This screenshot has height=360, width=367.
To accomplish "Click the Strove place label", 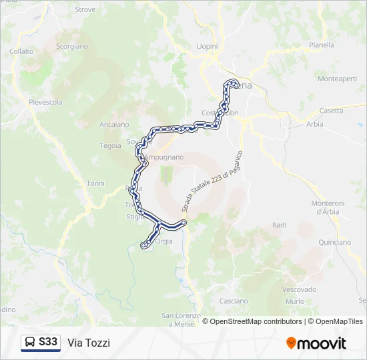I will point(85,9).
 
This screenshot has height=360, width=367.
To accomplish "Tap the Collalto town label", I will point(21,51).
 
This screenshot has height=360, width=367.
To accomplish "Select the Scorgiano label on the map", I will point(72,46).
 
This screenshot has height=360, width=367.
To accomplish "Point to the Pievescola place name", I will point(45,102).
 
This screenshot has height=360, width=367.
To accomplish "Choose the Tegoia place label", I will point(110,145).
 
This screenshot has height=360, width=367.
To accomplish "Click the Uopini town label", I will point(208,45).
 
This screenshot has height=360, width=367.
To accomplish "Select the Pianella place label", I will point(322,45).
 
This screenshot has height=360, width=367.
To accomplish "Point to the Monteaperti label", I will point(338,79).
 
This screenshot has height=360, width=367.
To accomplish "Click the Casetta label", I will point(331,110).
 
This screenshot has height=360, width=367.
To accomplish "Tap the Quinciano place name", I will point(334,242).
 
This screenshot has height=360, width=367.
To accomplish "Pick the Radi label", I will point(279,225).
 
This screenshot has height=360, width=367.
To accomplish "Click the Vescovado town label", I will point(299,289).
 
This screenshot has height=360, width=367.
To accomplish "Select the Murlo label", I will point(295,301).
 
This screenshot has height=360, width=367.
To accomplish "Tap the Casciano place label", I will point(233,301).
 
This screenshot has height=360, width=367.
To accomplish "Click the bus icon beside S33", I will point(31,343).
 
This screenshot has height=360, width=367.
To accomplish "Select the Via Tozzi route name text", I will point(89,343).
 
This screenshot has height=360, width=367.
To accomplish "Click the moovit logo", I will point(316,343).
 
